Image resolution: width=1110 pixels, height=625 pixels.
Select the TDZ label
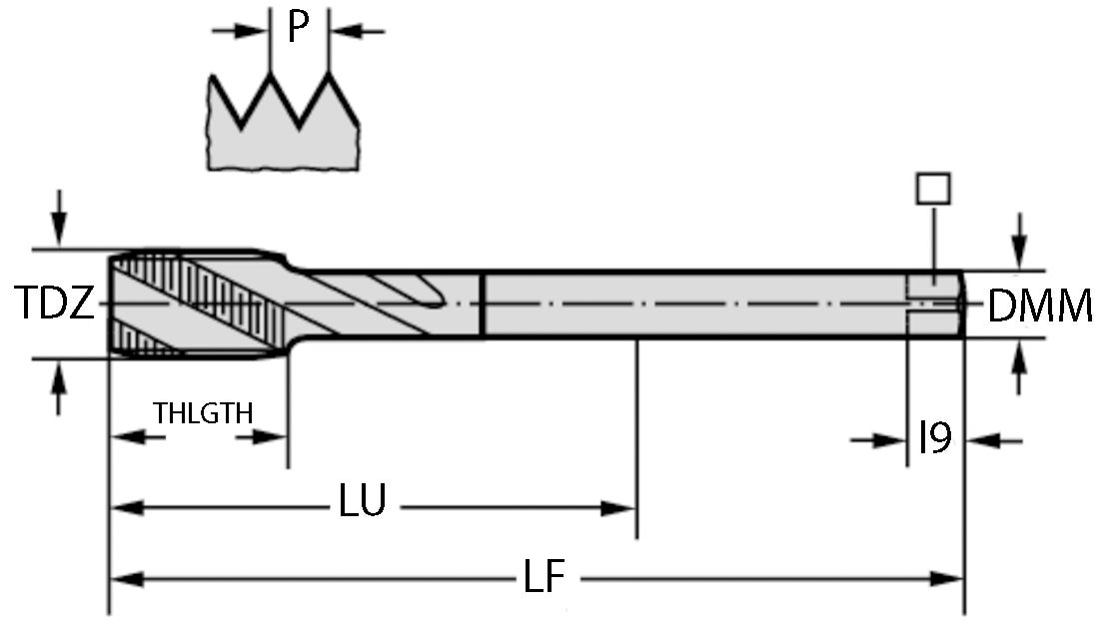56,302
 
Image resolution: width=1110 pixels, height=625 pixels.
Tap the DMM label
1039,307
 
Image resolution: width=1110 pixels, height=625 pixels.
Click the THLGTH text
203,412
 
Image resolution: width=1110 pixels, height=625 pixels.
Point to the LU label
362,502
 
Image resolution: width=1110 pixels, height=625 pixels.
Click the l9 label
934,437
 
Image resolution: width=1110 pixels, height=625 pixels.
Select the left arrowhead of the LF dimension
125,578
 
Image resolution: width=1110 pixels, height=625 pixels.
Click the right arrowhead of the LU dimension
620,508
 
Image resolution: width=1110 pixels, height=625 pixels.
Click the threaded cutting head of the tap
190,302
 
